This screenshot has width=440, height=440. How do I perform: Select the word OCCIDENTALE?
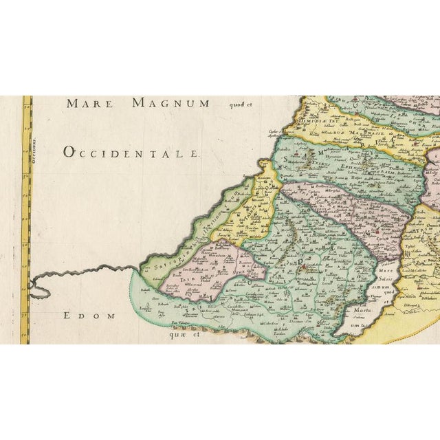[x=131, y=152]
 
